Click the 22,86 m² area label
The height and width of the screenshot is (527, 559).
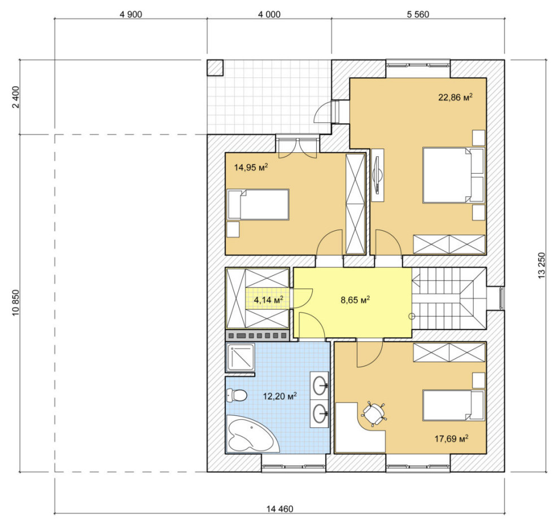455,97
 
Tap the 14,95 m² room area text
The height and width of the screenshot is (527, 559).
251,167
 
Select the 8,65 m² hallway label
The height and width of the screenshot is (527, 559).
355,300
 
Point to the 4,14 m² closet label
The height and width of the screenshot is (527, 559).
268,300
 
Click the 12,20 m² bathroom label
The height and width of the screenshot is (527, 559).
280,396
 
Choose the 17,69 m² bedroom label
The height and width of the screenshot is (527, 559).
451,438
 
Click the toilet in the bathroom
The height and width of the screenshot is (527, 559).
237,396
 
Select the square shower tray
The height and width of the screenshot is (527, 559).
241,357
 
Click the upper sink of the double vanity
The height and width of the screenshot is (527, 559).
320,385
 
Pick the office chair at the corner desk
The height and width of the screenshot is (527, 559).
374,414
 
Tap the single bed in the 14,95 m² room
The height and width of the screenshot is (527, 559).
258,204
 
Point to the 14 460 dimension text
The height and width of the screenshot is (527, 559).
280,509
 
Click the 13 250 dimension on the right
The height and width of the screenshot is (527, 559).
541,265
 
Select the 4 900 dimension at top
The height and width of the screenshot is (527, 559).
131,14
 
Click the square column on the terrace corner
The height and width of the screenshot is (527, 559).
215,68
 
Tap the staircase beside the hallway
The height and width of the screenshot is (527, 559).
449,298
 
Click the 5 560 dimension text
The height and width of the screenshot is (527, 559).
418,14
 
